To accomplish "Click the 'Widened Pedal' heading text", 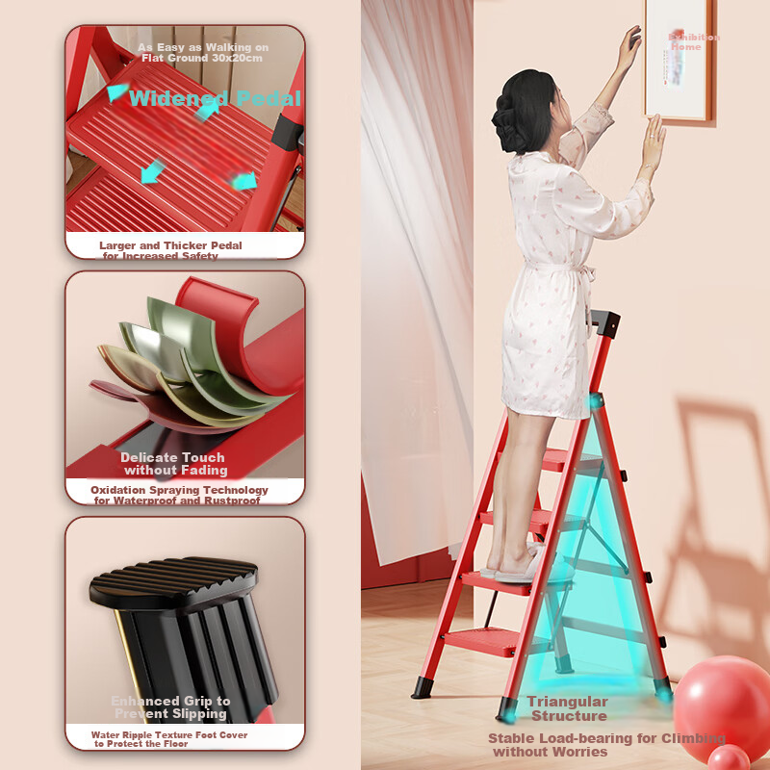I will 214,98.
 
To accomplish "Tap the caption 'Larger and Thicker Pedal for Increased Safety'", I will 170,250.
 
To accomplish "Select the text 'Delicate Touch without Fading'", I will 173,464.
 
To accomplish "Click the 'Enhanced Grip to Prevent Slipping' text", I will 170,707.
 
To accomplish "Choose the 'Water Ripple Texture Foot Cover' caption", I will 169,739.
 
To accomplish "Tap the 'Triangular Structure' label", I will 568,708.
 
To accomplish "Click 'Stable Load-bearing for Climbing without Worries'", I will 606,744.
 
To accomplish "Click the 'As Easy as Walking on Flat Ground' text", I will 203,52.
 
